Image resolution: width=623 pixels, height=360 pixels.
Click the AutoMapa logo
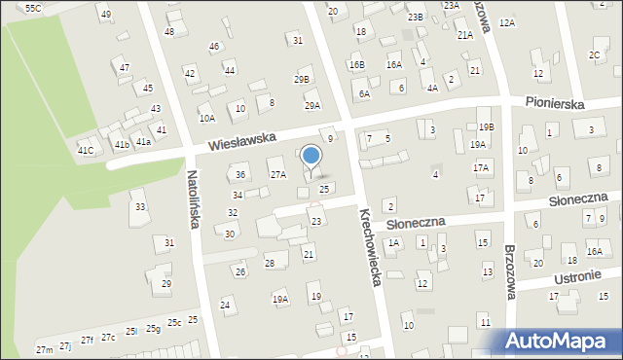coord(560,342)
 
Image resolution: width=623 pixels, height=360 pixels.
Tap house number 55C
coord(33,8)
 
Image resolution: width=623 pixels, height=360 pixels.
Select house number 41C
coord(86,150)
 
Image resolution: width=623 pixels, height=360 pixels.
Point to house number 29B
coord(302,80)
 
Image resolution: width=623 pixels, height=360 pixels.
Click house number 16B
coord(356,65)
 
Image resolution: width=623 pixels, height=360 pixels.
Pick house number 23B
coord(416,18)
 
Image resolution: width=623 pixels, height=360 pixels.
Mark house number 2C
coord(594,55)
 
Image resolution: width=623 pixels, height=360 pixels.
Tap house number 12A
coord(506,22)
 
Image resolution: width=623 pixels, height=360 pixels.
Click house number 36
coord(240,175)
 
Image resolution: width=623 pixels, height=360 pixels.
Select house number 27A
coord(278,175)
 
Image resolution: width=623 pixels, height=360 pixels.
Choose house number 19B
coord(486,126)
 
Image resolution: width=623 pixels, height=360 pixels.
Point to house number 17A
coord(481,167)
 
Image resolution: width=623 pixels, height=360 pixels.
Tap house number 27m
coord(44,349)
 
